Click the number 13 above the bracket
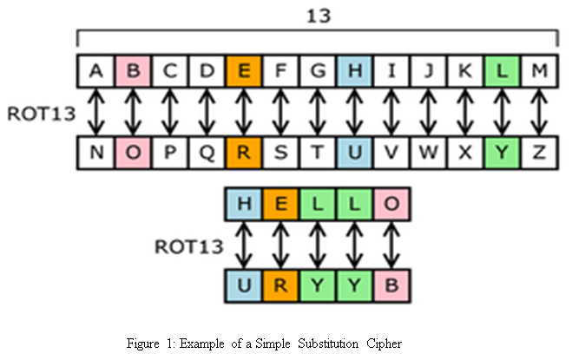[319, 15]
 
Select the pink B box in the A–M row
[133, 71]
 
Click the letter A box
[95, 71]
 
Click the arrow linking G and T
[318, 111]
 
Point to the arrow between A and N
[95, 111]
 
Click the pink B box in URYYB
[391, 285]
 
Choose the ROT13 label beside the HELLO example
[185, 245]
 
